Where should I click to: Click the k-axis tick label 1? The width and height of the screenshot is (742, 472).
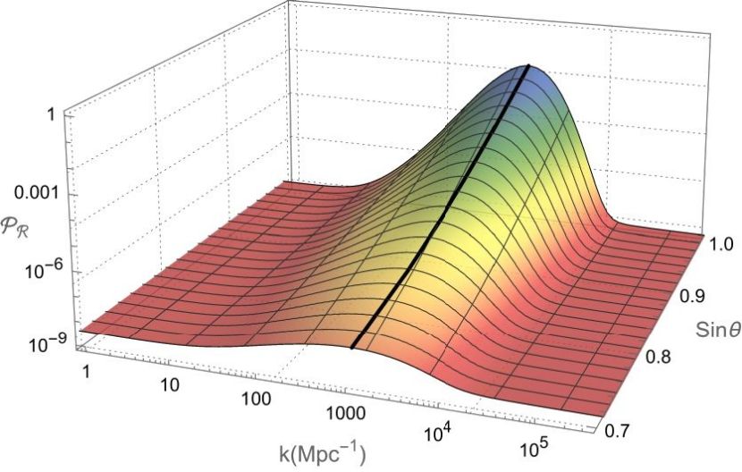[85, 369]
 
